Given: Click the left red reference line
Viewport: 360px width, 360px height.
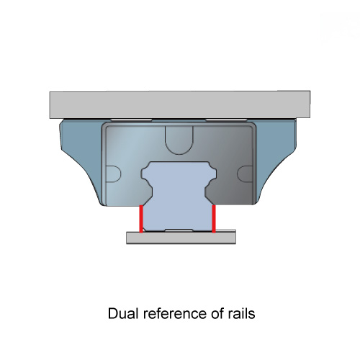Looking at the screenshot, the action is pos(141,219).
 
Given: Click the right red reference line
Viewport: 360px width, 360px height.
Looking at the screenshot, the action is pos(214,219).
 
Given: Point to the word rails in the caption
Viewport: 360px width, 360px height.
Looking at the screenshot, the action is pos(240,313).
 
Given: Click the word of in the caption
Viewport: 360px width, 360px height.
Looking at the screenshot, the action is pos(216,313).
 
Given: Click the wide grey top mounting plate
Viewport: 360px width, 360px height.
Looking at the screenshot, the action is pos(180,104).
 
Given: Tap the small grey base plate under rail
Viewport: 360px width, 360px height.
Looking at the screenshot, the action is pos(181,238).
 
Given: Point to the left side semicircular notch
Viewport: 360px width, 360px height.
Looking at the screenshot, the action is pos(113,174).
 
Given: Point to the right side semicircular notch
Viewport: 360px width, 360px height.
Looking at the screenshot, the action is pos(245,174).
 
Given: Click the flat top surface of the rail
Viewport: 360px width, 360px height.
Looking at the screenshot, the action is pos(179,162).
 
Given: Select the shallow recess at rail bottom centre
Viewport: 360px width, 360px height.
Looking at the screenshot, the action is pos(179,230).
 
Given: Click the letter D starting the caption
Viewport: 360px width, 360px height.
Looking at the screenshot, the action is pos(112,313).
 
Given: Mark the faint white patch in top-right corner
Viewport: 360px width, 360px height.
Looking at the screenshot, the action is pos(340,29).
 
